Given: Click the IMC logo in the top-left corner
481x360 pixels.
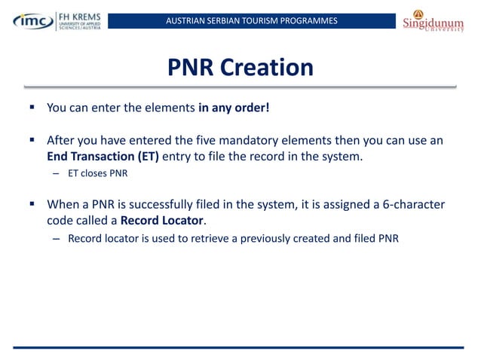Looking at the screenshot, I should tap(31, 20).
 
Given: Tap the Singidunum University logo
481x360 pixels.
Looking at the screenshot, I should tap(432, 20).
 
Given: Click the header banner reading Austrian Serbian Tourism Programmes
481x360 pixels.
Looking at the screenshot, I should tap(251, 20).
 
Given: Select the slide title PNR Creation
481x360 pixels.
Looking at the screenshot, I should tap(240, 68).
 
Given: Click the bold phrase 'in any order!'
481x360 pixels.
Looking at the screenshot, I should tap(234, 107).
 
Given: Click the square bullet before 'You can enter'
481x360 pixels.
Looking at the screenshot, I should tap(32, 107).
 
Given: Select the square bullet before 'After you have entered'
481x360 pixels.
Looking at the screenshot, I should tap(32, 140).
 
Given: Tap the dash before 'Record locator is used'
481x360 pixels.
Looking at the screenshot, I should tap(56, 239).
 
